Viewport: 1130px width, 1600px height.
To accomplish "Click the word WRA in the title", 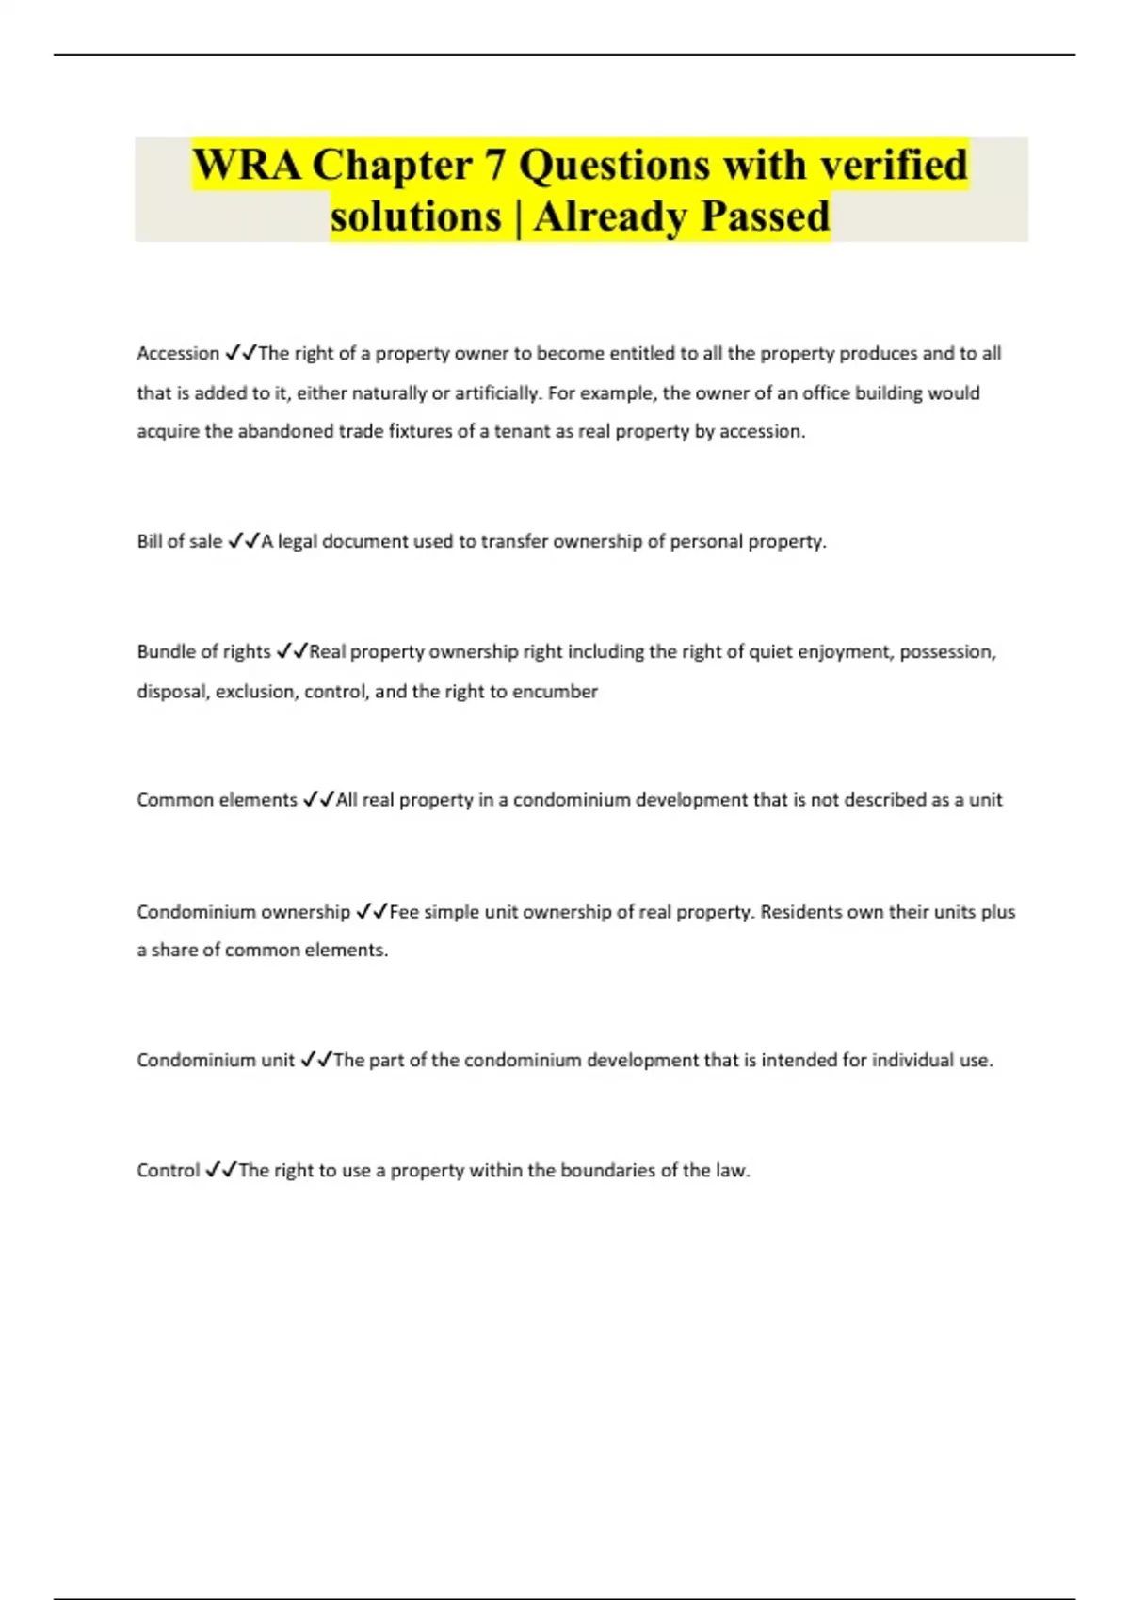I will click(x=247, y=166).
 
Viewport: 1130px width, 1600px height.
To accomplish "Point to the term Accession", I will click(x=177, y=354).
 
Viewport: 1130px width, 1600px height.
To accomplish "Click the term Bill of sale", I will click(x=179, y=542).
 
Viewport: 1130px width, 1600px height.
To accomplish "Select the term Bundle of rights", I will click(x=203, y=652).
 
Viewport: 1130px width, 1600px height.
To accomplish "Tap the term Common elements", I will click(x=217, y=800).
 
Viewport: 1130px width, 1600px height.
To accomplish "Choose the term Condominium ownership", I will click(x=243, y=912).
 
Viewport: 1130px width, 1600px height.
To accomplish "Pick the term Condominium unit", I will click(x=216, y=1061).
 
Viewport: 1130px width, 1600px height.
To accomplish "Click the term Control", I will click(x=169, y=1171).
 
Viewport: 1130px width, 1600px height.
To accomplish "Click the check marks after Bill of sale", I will click(x=244, y=542).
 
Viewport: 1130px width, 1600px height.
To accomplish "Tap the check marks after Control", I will click(x=221, y=1171).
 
